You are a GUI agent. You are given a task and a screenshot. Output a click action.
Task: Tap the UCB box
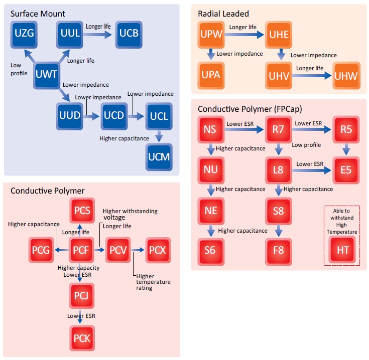click(x=130, y=34)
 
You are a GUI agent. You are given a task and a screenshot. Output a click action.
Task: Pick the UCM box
click(x=159, y=156)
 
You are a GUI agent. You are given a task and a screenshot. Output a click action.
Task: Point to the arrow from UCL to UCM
click(x=159, y=135)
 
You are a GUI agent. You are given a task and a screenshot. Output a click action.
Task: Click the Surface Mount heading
click(x=38, y=14)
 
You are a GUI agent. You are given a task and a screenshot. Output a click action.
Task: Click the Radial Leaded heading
click(x=223, y=14)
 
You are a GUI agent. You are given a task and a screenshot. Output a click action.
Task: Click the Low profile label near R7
click(x=306, y=145)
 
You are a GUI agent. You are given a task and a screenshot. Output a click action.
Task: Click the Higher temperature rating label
click(x=153, y=282)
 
